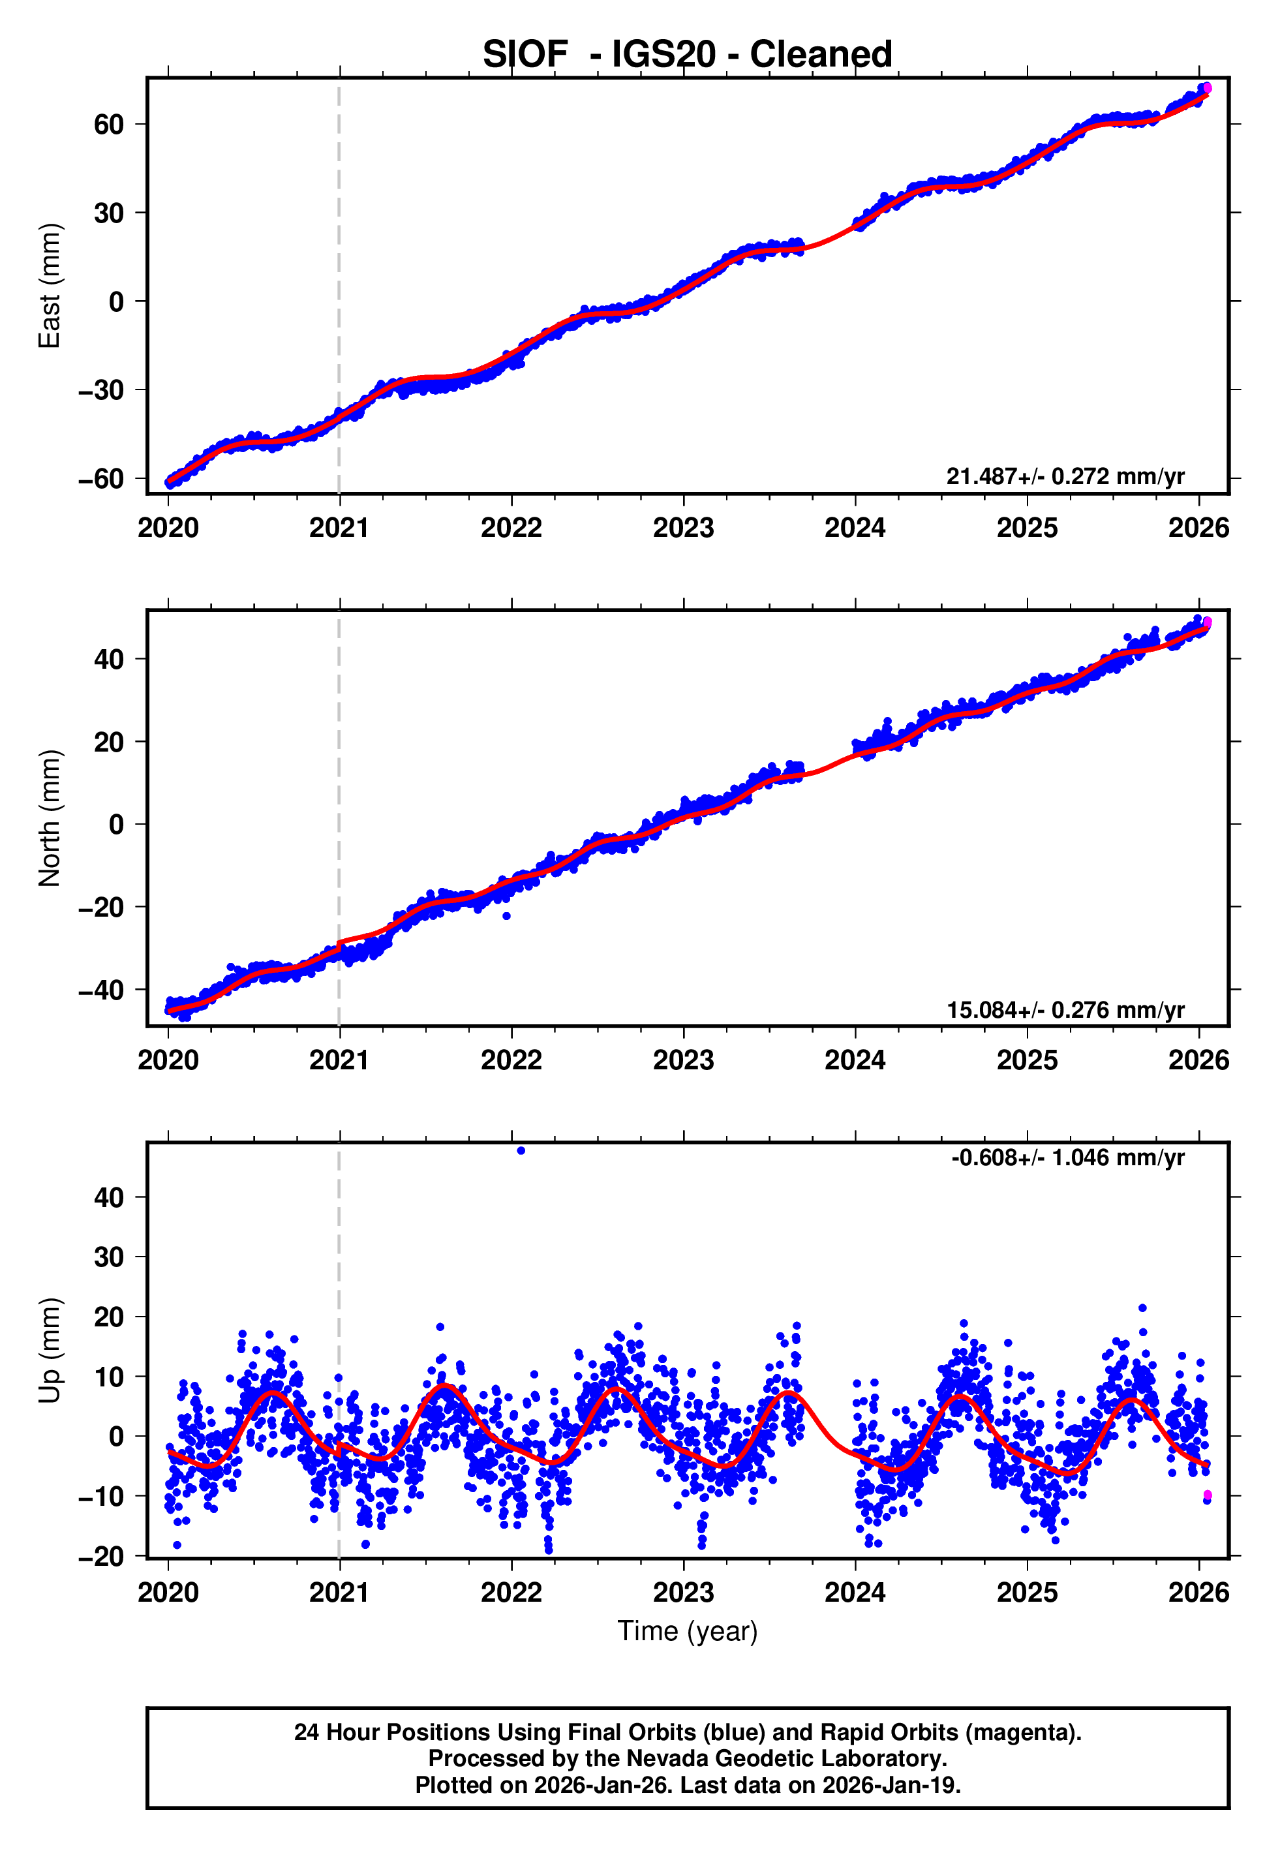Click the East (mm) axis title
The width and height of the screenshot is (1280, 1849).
50,286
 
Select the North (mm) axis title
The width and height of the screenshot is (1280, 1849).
50,818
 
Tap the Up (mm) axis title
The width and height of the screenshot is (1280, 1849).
50,1351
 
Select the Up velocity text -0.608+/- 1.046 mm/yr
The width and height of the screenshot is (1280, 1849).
1067,1158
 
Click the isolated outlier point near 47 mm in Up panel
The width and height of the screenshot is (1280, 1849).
521,1151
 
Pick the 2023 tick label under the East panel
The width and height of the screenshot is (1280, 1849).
683,528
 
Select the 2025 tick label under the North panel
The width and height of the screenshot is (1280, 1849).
1027,1061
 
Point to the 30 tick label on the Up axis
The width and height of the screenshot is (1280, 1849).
108,1257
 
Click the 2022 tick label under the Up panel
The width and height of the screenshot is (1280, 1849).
511,1593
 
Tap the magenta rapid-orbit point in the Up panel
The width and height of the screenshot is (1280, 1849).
1207,1495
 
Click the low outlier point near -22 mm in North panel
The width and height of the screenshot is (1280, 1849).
506,915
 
